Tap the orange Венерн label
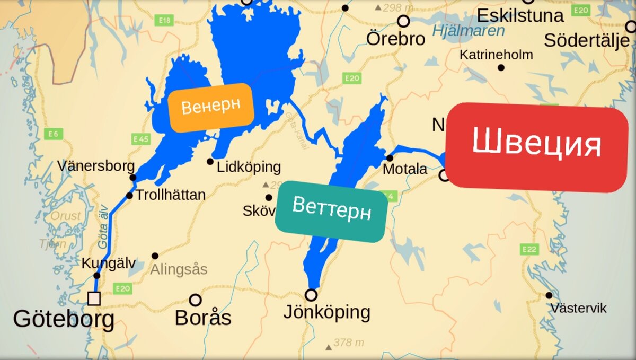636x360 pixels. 210,107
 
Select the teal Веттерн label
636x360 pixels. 331,211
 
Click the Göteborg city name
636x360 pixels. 64,319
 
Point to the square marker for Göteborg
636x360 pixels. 94,298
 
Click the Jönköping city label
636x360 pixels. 326,312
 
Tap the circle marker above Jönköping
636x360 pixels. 311,295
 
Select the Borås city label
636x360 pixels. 203,318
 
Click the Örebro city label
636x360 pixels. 396,39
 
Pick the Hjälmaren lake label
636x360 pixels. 469,31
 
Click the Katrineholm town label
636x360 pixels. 496,55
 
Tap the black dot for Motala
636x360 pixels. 390,158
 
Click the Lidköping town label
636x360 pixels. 249,167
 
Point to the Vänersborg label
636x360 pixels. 96,166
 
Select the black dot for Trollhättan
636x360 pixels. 129,196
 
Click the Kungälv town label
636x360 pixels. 109,263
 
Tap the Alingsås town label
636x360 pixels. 179,269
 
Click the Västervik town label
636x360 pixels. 578,308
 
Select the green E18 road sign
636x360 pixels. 165,20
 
